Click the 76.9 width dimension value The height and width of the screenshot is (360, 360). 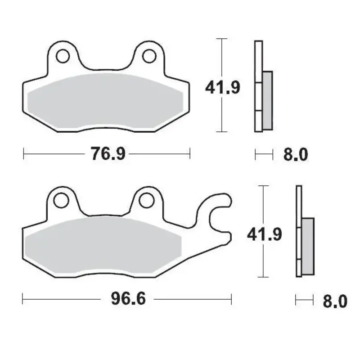click(107, 154)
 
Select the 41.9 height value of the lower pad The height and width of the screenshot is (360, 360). click(265, 234)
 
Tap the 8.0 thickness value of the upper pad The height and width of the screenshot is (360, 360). click(295, 155)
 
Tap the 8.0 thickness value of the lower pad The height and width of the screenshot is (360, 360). click(335, 301)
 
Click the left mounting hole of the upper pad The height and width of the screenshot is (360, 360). click(63, 56)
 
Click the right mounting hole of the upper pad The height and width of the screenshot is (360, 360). click(148, 56)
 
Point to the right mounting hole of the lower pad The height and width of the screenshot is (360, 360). click(146, 200)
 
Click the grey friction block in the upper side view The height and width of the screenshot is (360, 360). click(267, 100)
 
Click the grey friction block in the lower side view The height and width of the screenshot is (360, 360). click(308, 246)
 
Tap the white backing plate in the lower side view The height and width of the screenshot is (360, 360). click(299, 232)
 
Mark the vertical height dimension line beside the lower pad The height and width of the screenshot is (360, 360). click(263, 261)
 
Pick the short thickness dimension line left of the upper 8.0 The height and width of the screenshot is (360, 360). click(264, 155)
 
